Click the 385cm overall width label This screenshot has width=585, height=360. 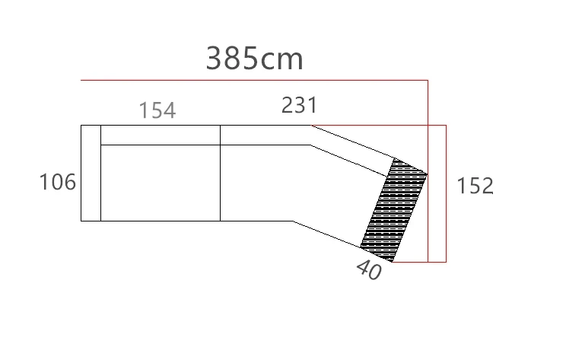pos(254,58)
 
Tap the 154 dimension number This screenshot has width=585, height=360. pos(157,110)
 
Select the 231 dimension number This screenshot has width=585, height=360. pos(299,105)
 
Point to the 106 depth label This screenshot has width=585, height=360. pos(58,182)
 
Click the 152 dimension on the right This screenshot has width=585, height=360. pos(475,186)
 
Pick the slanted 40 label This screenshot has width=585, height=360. pos(369,269)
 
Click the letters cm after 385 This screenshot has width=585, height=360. pos(281,60)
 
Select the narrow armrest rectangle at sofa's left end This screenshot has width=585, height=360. pos(91,173)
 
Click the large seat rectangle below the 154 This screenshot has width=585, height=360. pos(161,183)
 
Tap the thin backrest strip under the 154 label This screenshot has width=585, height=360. pos(161,135)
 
